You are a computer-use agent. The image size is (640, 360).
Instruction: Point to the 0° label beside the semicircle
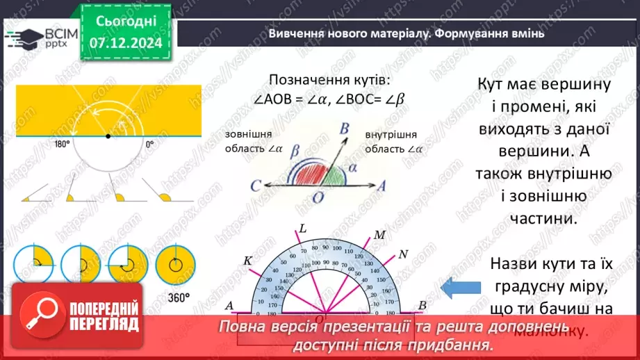(149, 145)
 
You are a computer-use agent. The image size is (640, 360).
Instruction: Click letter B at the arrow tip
(343, 128)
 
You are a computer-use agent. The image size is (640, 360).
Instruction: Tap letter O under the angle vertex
(318, 198)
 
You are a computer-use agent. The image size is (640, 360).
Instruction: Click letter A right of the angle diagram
(381, 185)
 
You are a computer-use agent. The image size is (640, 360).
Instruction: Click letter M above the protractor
(379, 234)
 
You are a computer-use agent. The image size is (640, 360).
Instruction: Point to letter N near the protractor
(403, 252)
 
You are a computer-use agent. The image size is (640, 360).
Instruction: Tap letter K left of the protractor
(247, 261)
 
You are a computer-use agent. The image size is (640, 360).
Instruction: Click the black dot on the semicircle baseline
(107, 136)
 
